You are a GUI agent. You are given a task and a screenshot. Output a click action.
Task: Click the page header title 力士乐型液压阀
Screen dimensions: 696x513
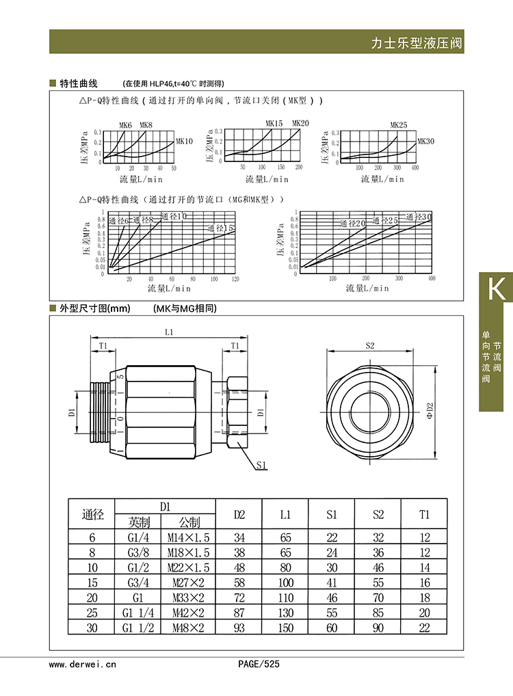[417, 43]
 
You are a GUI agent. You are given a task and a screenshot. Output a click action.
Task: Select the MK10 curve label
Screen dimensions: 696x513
[185, 142]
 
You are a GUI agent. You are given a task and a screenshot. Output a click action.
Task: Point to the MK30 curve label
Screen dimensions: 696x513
[425, 142]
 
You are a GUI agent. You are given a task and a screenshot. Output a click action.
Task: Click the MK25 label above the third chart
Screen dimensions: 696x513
[399, 125]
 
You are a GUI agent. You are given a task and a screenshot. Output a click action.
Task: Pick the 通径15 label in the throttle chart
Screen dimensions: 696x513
[221, 228]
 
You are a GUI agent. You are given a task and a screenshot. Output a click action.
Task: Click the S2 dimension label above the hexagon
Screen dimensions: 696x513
[370, 345]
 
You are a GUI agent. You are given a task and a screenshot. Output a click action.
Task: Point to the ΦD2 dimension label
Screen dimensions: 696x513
[430, 410]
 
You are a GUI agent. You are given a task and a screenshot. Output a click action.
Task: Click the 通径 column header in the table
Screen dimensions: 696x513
[92, 514]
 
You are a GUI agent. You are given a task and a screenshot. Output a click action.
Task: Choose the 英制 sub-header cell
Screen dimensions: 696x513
[138, 522]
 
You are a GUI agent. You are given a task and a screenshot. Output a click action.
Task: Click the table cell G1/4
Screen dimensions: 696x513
[138, 537]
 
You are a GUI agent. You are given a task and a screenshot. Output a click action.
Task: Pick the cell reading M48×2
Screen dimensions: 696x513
[188, 628]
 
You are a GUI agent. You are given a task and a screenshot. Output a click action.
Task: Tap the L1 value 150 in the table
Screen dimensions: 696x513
[285, 628]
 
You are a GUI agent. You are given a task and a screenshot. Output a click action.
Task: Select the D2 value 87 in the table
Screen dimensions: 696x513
[239, 613]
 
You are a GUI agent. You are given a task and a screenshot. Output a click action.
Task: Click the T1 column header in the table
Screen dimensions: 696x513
[425, 514]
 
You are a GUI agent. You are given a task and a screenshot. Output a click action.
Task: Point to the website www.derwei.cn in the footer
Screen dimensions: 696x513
[83, 664]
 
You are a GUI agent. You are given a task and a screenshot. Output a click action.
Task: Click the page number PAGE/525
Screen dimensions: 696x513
[259, 664]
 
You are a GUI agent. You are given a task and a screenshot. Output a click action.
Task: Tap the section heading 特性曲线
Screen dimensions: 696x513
[79, 84]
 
